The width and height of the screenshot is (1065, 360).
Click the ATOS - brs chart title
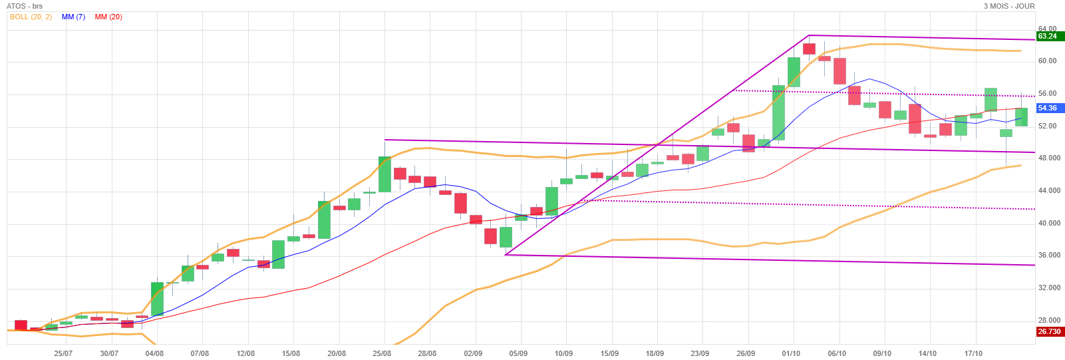(25, 6)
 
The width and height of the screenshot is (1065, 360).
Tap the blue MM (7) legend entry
(73, 17)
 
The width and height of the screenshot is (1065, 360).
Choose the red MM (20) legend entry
(108, 17)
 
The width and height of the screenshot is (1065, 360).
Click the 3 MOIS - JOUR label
(1009, 6)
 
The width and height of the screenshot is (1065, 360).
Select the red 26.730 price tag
(1049, 331)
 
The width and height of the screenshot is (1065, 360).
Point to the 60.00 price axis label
(1047, 61)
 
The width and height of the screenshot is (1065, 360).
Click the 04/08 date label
(154, 353)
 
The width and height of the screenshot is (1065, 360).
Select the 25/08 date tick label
(382, 353)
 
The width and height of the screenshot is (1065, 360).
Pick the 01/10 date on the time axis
(791, 353)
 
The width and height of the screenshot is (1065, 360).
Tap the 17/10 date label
(973, 353)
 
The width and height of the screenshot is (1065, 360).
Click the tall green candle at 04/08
(157, 299)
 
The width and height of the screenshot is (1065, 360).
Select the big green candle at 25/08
(384, 174)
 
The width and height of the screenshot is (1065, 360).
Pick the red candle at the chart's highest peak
(809, 49)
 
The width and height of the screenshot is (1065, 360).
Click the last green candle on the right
(1021, 117)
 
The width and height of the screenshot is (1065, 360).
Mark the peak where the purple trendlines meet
(809, 35)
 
